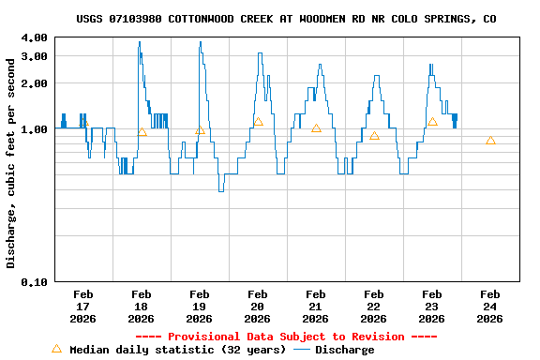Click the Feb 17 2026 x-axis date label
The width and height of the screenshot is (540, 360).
coord(82,307)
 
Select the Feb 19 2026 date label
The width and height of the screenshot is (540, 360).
coord(199,307)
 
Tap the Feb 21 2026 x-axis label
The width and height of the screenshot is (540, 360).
coord(315,307)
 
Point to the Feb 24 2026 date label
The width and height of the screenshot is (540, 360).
coord(489,307)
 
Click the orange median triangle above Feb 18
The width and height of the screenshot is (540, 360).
coord(142,132)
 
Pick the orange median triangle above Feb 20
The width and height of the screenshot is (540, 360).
coord(258,122)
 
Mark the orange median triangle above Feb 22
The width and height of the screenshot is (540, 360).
coord(374,136)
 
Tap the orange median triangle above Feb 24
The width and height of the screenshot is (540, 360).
coord(490,140)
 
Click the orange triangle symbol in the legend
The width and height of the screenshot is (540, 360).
coord(56,349)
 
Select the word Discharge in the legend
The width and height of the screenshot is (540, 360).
coord(344,350)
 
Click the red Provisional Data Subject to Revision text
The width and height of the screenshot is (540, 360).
coord(286,337)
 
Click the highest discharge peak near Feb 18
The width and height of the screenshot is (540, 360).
coord(139,42)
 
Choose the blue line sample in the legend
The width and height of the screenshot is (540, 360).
coord(301,350)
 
